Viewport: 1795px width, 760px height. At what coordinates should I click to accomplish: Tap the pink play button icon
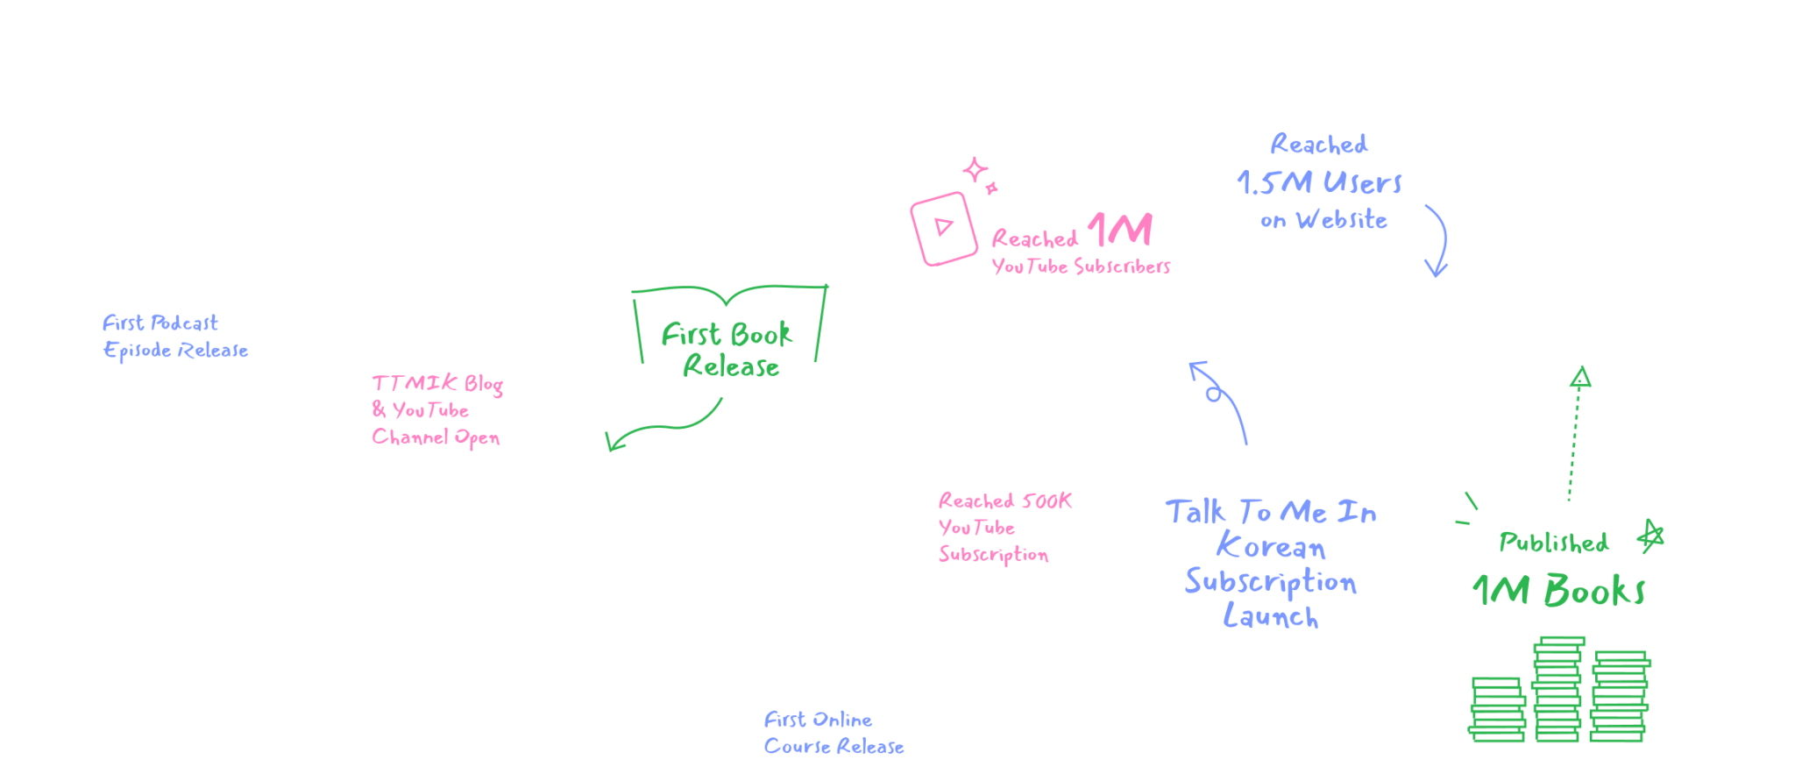click(943, 228)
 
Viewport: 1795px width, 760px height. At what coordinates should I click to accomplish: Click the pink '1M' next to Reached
click(1120, 231)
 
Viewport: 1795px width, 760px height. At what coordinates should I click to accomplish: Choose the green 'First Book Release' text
click(727, 350)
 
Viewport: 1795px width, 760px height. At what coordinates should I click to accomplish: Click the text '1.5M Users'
click(1320, 182)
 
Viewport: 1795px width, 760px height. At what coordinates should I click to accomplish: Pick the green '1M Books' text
click(1558, 591)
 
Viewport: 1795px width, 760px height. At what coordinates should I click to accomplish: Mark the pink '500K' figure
click(1046, 501)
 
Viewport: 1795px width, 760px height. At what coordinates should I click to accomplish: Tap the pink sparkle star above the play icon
click(976, 170)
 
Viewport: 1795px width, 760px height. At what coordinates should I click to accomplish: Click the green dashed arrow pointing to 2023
click(1575, 434)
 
